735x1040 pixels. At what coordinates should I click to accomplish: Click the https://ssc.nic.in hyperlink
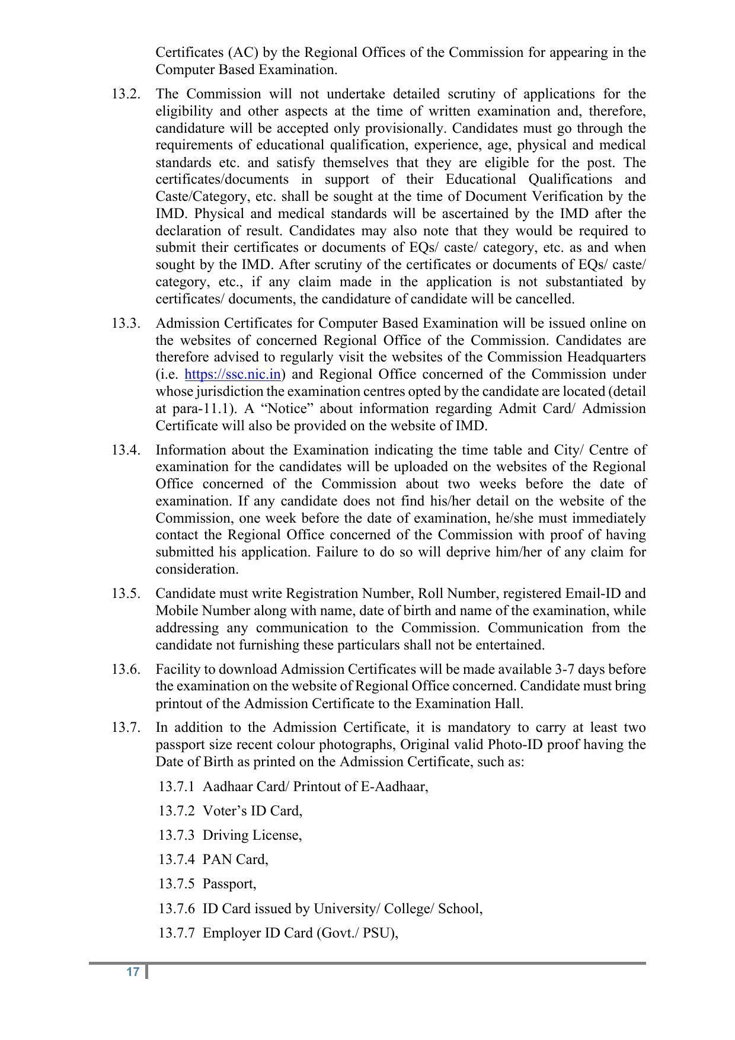[x=232, y=375]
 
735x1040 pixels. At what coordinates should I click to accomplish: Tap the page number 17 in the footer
[x=133, y=972]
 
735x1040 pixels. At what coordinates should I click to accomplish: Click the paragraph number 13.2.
[x=126, y=94]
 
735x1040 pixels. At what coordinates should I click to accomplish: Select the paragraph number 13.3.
[x=126, y=324]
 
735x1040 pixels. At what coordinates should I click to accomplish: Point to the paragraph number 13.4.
[x=126, y=450]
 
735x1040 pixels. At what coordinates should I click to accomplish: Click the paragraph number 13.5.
[x=126, y=594]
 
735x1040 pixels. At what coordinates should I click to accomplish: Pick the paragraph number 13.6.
[x=126, y=670]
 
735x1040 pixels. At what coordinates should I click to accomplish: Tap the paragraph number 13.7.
[x=126, y=728]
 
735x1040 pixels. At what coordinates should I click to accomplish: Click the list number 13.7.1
[x=176, y=787]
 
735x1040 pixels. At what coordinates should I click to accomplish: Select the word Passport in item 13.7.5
[x=229, y=884]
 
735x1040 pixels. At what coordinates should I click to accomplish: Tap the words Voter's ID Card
[x=252, y=811]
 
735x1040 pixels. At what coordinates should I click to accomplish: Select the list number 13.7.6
[x=176, y=909]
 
